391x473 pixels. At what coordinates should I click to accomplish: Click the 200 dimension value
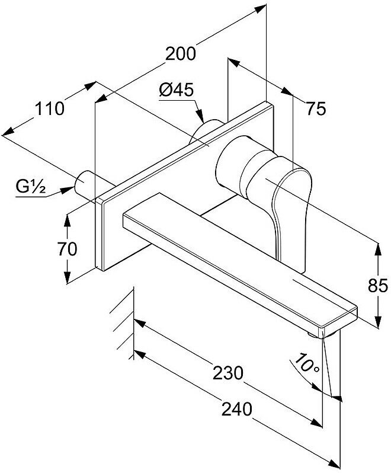click(x=180, y=53)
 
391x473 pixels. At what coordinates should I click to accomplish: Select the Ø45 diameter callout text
click(x=177, y=90)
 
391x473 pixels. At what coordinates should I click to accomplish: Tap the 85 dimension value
click(x=377, y=286)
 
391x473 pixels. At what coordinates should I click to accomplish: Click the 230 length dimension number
click(x=227, y=372)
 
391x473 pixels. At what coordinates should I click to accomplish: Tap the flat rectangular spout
click(x=237, y=261)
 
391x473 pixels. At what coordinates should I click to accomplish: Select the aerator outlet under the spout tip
click(x=314, y=335)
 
